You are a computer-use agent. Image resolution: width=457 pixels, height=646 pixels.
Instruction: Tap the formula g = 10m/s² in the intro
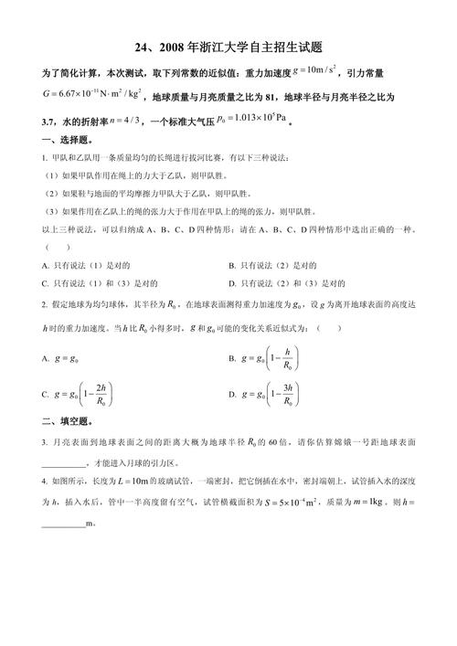point(327,71)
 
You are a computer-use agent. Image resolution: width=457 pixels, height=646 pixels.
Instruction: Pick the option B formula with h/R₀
point(269,359)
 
